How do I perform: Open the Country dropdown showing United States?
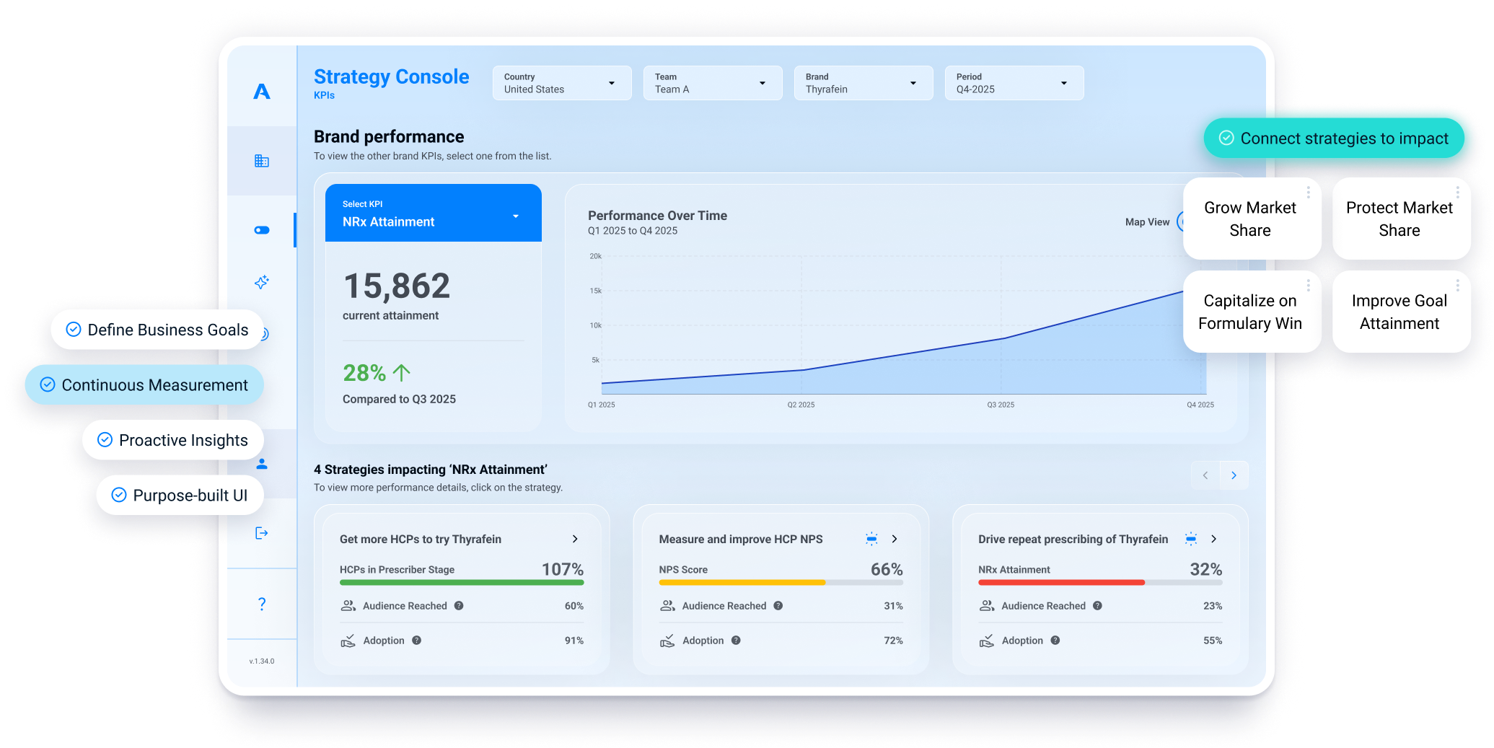click(x=561, y=83)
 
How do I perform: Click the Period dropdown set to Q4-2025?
click(x=1013, y=83)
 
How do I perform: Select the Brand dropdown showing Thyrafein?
click(x=863, y=83)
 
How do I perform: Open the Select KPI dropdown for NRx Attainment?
click(x=433, y=214)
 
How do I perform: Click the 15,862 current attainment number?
click(x=397, y=286)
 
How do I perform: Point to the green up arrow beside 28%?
click(x=402, y=373)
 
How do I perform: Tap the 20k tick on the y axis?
click(x=595, y=256)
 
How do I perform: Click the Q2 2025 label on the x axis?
click(x=801, y=405)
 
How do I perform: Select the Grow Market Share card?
click(x=1250, y=219)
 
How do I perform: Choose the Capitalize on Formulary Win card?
click(x=1250, y=312)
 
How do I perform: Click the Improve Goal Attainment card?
click(x=1399, y=312)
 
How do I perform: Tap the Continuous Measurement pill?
click(x=144, y=385)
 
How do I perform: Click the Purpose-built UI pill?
click(x=180, y=496)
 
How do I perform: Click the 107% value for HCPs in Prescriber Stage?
click(x=562, y=569)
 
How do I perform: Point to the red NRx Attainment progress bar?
click(x=1060, y=582)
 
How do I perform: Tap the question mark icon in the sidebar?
click(x=262, y=604)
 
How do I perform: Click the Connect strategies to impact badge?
click(x=1335, y=138)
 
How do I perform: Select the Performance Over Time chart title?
click(x=657, y=216)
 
